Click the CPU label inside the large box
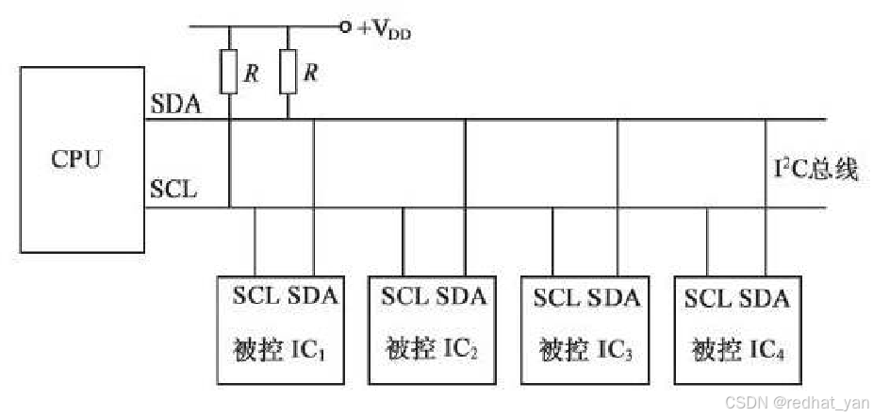75,158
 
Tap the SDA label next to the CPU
175,105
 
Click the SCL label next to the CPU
174,189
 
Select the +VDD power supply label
385,29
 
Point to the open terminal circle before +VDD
346,27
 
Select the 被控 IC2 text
431,350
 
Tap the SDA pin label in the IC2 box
461,296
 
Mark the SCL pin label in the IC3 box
558,298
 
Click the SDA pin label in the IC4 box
765,298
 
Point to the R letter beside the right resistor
309,73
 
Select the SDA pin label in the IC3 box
614,298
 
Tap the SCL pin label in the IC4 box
709,298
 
